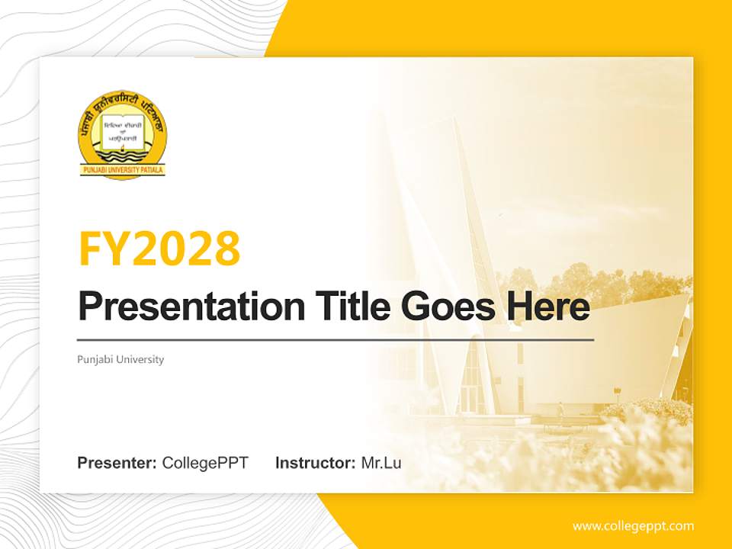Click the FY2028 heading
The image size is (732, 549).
[159, 249]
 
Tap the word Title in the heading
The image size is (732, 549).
[341, 307]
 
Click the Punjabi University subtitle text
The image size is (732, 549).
[120, 359]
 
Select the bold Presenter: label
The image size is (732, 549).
[117, 463]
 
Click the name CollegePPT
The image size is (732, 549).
[205, 463]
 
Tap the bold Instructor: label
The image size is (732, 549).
[315, 463]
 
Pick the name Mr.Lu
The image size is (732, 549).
[381, 463]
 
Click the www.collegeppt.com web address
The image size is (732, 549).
[633, 525]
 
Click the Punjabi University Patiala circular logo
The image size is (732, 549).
[123, 137]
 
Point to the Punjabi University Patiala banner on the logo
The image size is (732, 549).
[123, 170]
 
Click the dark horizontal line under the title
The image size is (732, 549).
[335, 339]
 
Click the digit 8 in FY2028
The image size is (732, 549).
[226, 249]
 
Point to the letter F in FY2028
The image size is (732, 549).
[91, 249]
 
